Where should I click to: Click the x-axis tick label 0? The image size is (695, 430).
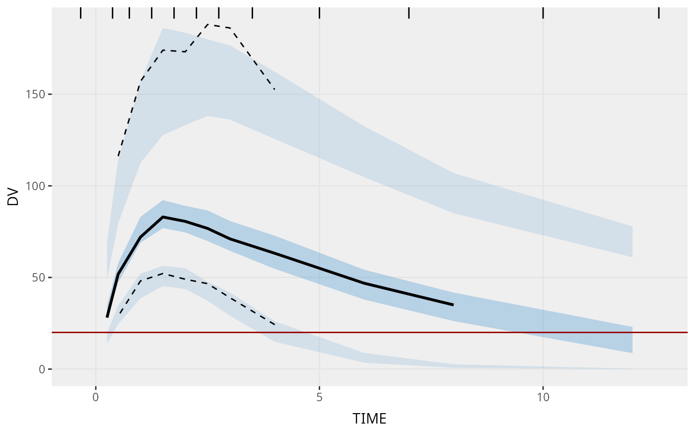tap(95, 397)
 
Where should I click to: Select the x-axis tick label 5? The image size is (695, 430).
tap(319, 397)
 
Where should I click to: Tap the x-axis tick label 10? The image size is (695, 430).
tap(543, 397)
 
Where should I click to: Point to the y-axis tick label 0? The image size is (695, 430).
tap(42, 369)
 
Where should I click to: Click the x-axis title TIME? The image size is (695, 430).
tap(369, 419)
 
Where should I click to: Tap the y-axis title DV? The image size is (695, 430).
tap(13, 197)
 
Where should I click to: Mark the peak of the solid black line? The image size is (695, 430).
tap(163, 217)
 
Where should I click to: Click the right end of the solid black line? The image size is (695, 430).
tap(453, 304)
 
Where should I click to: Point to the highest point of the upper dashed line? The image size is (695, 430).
tap(208, 24)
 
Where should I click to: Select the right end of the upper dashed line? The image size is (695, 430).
tap(275, 89)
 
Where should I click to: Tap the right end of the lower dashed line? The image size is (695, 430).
tap(275, 325)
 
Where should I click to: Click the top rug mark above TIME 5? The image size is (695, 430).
tap(319, 13)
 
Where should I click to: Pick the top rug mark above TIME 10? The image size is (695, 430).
tap(543, 13)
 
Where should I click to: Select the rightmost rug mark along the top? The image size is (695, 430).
tap(659, 13)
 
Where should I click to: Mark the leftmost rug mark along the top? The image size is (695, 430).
tap(80, 13)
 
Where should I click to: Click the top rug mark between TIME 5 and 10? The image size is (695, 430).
tap(409, 13)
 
